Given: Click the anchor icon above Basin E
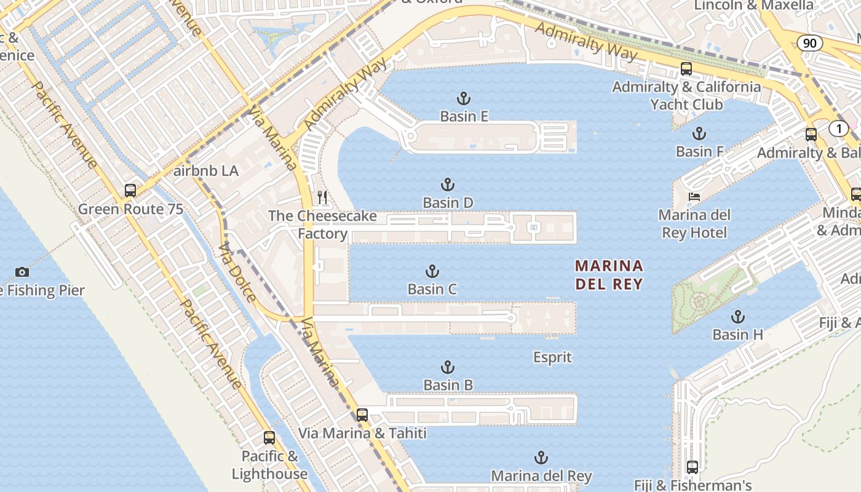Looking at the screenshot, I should click(464, 98).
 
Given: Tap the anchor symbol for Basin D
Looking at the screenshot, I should click(448, 184).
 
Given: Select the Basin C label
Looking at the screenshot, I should click(432, 289).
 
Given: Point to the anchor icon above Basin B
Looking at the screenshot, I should click(448, 368).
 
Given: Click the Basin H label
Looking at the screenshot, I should click(737, 335).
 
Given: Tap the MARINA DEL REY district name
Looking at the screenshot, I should click(609, 275).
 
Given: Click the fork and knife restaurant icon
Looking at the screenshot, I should click(322, 197).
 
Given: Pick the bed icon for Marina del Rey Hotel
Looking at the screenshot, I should click(694, 197).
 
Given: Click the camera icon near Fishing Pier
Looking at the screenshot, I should click(22, 272).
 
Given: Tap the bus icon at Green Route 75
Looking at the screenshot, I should click(130, 191).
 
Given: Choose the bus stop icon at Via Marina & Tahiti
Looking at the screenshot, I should click(362, 415).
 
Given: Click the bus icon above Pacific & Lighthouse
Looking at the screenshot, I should click(269, 438).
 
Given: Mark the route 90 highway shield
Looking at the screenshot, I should click(810, 42).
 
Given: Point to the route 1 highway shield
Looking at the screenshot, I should click(838, 129).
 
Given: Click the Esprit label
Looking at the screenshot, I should click(552, 357).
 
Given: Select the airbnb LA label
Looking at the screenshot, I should click(206, 171).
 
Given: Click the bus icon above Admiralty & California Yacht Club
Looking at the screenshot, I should click(686, 69).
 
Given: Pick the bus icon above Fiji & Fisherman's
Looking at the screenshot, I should click(692, 467).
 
